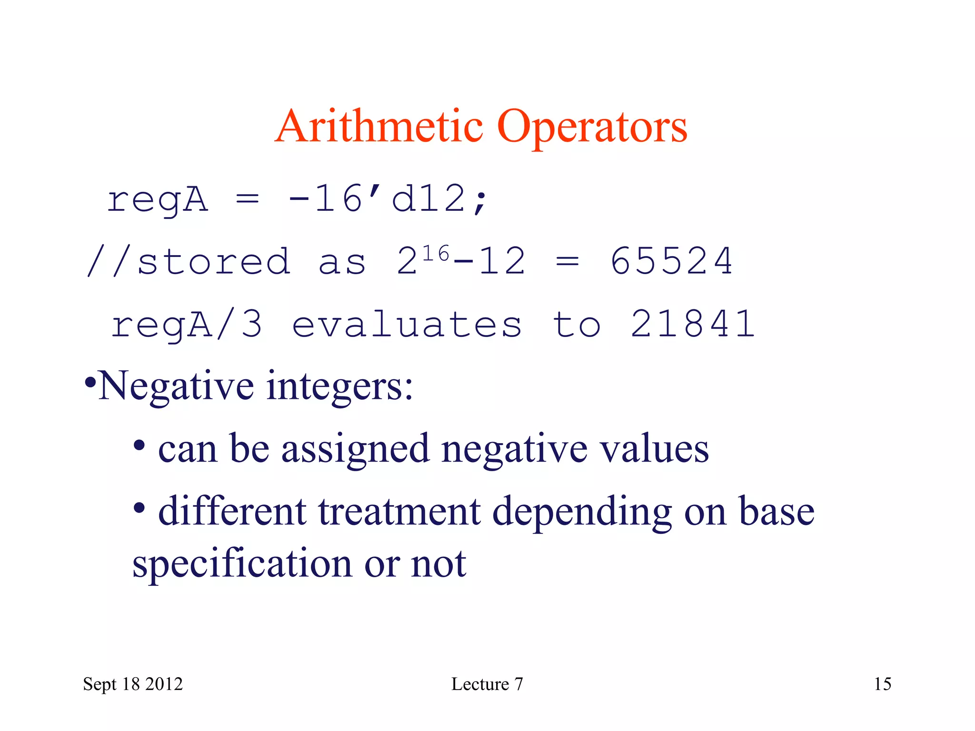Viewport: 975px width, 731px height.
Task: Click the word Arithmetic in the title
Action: click(x=379, y=126)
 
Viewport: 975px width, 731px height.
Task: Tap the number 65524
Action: click(x=671, y=261)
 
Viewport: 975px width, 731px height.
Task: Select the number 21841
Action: click(x=693, y=324)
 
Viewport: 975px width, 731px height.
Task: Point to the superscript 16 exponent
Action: click(x=436, y=254)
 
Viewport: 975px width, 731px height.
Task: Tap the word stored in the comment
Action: click(x=213, y=261)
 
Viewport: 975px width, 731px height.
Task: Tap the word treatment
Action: click(x=399, y=512)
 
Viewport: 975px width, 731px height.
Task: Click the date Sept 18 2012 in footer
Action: click(x=133, y=684)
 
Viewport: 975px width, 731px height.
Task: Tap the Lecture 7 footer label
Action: click(x=487, y=684)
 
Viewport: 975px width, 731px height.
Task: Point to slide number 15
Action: click(x=882, y=684)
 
